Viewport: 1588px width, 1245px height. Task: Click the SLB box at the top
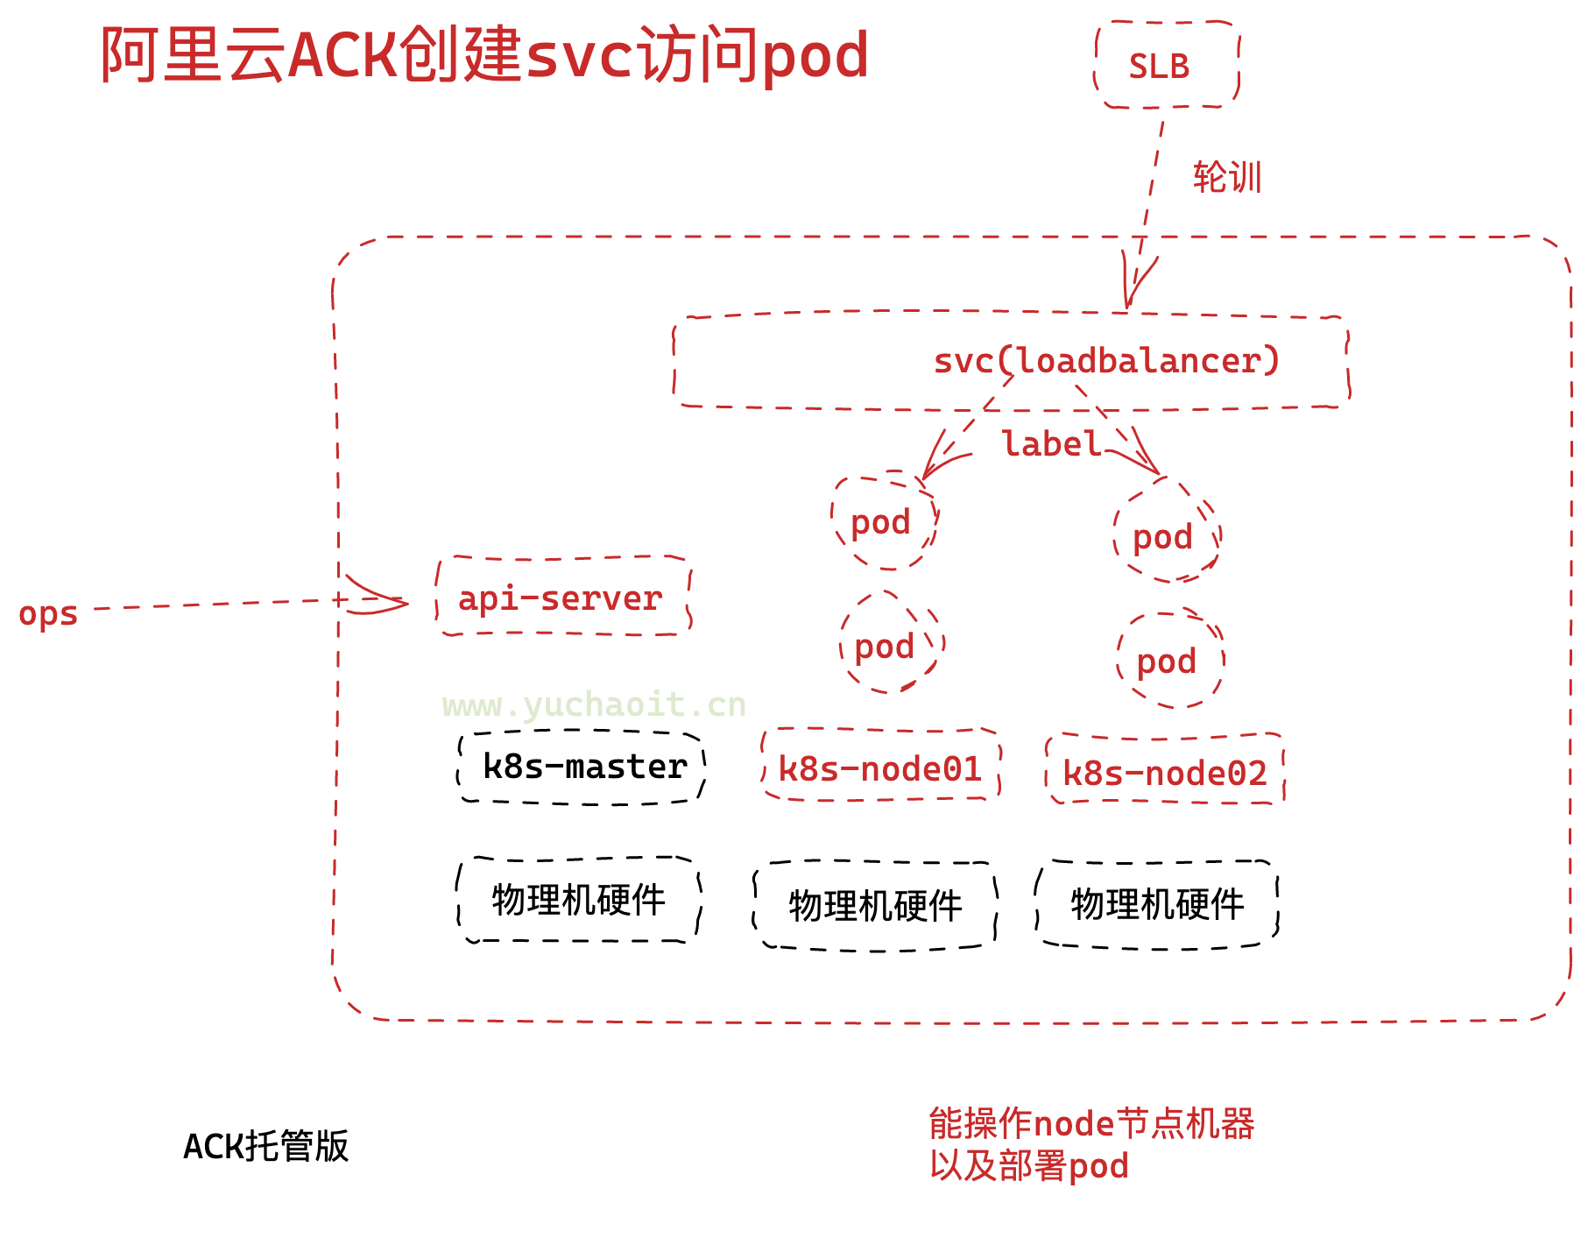coord(1167,66)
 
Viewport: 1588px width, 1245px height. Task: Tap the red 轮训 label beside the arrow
coord(1226,178)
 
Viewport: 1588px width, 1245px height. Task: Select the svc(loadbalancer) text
coord(1105,361)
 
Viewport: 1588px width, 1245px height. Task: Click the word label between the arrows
coord(1051,444)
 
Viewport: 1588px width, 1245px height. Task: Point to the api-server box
coord(563,598)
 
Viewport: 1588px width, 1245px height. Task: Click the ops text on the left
coord(48,613)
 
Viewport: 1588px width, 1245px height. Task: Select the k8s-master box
coord(582,767)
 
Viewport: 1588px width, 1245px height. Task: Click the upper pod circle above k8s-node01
coord(883,523)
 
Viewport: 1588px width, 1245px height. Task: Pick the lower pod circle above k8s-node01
coord(886,647)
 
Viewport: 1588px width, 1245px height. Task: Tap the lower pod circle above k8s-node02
coord(1168,661)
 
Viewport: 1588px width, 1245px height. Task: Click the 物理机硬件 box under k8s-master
coord(578,901)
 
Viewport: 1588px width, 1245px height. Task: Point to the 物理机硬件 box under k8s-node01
coord(875,906)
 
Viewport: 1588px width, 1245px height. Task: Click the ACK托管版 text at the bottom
coord(265,1146)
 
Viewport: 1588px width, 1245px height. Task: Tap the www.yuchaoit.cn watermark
coord(594,704)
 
